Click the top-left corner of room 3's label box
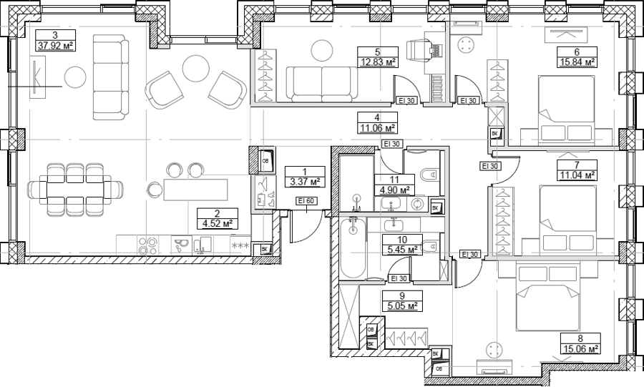coord(36,30)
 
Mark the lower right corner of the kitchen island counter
coord(228,201)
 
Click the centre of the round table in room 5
coord(322,51)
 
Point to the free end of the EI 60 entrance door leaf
coord(291,243)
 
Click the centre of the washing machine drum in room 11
coord(417,204)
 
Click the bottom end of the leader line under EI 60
coord(307,213)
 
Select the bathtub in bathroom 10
coord(352,248)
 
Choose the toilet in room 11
coord(429,175)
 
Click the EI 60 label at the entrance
coord(307,201)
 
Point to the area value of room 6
coord(577,62)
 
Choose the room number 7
coord(577,165)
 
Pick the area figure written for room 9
coord(401,305)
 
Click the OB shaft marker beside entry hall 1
coord(265,161)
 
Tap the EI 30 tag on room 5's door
coord(406,101)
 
